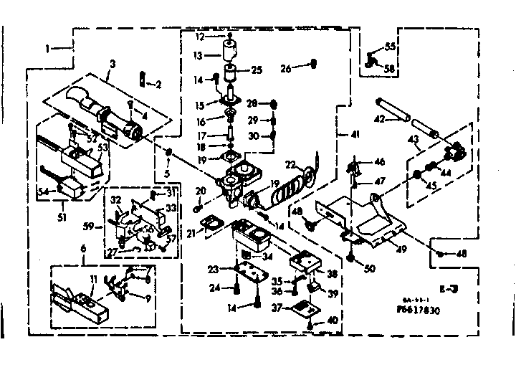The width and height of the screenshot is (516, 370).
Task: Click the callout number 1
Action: [x=47, y=49]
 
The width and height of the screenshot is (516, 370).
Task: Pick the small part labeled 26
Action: [x=312, y=67]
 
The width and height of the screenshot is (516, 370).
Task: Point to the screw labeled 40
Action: [x=309, y=326]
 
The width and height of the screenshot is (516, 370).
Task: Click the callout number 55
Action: [x=390, y=46]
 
